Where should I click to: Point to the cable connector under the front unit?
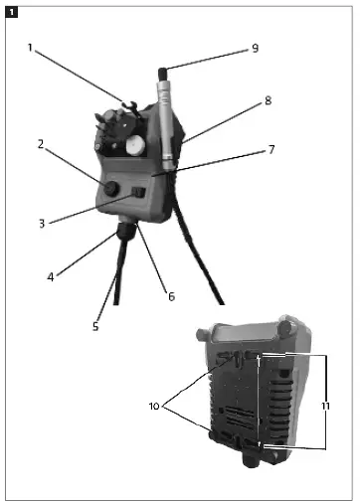[127, 234]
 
